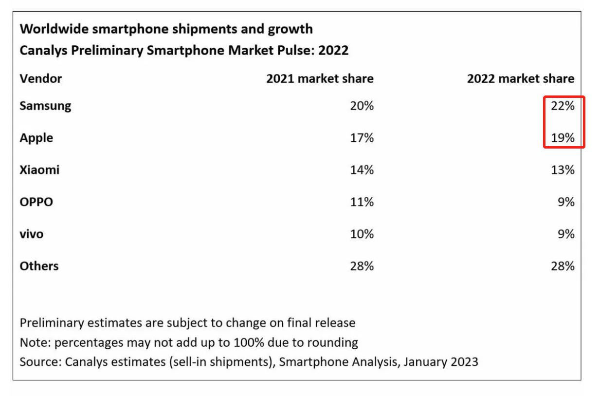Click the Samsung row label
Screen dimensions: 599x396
coord(45,106)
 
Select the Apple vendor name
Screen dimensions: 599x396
coord(36,138)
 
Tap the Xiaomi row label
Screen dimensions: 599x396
coord(39,170)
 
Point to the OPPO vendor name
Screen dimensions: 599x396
coord(36,202)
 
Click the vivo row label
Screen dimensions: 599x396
coord(32,234)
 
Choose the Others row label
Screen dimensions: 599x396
coord(39,266)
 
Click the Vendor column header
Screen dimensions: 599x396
coord(41,79)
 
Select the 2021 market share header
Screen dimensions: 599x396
coord(320,79)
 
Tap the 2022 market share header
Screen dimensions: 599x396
coord(521,79)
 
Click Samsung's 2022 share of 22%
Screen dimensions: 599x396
coord(563,106)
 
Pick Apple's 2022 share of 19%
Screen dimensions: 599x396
coord(563,138)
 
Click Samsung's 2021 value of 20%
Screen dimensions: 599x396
coord(362,106)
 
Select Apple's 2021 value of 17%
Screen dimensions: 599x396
coord(362,138)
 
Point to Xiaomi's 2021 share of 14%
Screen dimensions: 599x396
coord(362,170)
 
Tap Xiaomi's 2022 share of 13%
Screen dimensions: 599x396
coord(563,170)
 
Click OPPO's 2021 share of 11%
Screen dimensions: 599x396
coord(362,202)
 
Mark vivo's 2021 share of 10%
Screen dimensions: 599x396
coord(362,234)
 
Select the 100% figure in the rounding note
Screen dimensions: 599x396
coord(249,342)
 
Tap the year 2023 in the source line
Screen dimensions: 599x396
coord(465,362)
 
